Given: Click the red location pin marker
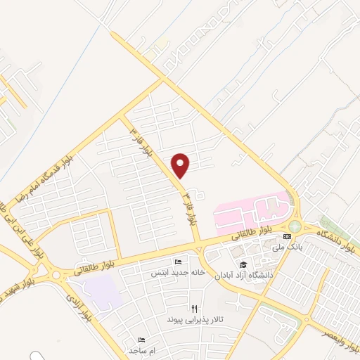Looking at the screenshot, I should click(181, 165).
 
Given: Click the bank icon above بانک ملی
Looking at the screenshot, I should click(287, 237).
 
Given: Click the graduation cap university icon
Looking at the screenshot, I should click(243, 265).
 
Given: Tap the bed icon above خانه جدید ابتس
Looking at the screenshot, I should click(176, 262).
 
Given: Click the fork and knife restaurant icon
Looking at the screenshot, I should click(194, 308).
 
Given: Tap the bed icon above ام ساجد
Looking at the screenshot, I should click(142, 340).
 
